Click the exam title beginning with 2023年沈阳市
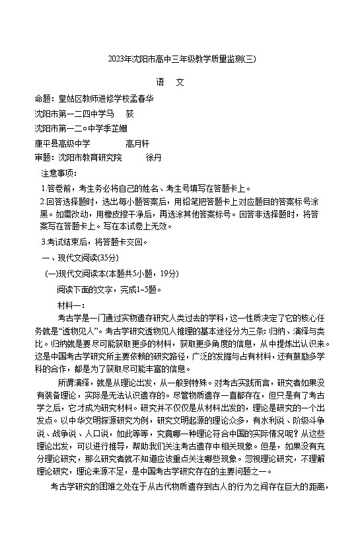tap(180, 59)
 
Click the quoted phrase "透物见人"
tap(80, 330)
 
